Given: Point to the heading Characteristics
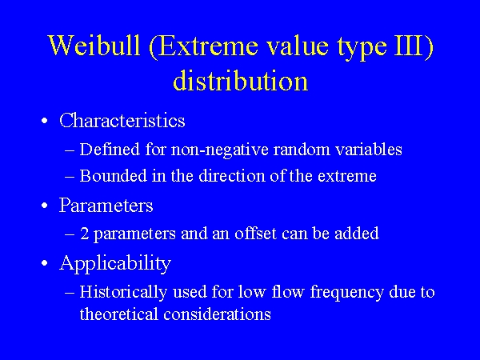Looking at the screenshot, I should click(122, 121).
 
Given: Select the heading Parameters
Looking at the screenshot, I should click(106, 206).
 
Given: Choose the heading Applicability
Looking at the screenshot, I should click(115, 263).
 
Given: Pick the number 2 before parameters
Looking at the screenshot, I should click(84, 234).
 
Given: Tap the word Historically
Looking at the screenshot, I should click(119, 292).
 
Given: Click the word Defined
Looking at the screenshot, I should click(106, 150).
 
